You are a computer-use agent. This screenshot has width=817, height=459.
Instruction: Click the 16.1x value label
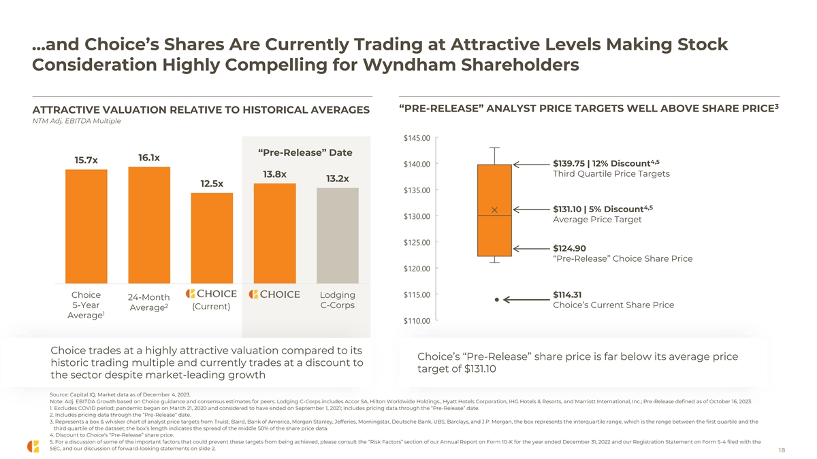tap(149, 158)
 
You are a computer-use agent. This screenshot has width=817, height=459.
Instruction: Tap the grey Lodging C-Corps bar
tap(338, 235)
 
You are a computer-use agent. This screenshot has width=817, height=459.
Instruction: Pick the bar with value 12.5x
tap(212, 237)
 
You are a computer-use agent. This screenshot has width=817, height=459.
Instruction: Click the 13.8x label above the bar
tap(274, 174)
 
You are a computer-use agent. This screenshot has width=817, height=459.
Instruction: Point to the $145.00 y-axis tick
tap(416, 138)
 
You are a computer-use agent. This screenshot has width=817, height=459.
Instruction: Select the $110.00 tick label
tap(416, 320)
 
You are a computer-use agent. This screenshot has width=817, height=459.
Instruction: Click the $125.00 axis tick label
tap(416, 242)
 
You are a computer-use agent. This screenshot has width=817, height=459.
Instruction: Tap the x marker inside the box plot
tap(495, 209)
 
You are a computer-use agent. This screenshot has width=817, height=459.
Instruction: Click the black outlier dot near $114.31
tap(497, 299)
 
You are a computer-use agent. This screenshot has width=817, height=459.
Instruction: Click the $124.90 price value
tap(570, 248)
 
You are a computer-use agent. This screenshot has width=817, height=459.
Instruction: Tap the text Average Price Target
tap(597, 220)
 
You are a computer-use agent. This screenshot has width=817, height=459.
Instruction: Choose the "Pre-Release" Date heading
tap(305, 152)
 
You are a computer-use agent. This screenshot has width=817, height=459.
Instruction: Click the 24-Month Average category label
tap(148, 303)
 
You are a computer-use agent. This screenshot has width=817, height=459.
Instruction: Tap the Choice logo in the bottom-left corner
tap(33, 446)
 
